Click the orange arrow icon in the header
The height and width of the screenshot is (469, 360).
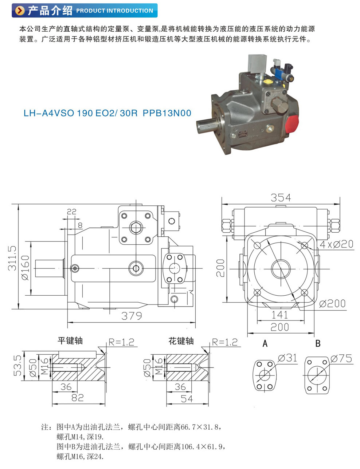[20, 11]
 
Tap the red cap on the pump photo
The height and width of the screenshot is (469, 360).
[292, 123]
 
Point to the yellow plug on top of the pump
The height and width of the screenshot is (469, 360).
[269, 82]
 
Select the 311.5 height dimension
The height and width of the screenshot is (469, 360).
[12, 258]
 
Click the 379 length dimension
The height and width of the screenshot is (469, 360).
[132, 316]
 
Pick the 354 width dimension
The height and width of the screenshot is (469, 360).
[281, 198]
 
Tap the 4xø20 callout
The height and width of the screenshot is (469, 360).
[336, 244]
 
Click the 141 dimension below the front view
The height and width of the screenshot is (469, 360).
[280, 315]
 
